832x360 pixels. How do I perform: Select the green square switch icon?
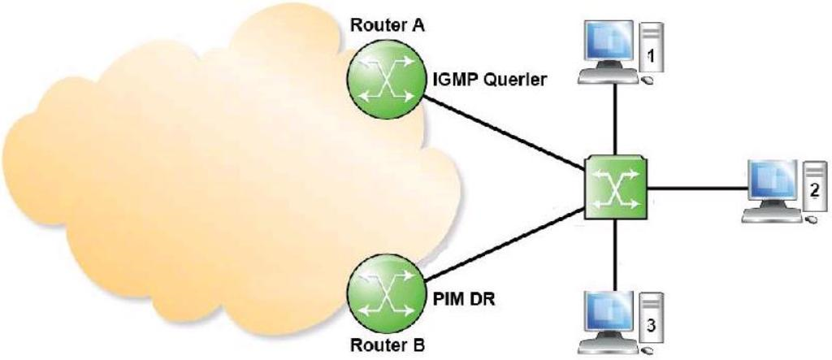pos(616,185)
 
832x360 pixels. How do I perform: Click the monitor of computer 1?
pos(609,42)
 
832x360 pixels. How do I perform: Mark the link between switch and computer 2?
pos(695,189)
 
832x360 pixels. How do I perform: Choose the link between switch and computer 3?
pos(616,252)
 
